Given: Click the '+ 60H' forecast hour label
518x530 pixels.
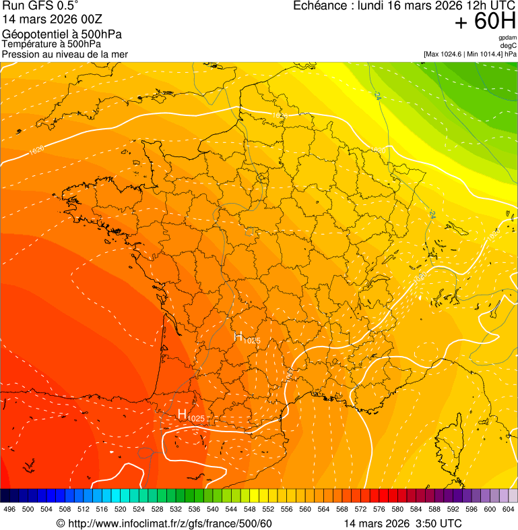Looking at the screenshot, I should [x=486, y=22].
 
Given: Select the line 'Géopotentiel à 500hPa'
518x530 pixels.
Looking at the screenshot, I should [x=63, y=34].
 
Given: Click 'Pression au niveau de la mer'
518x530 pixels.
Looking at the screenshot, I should [x=65, y=54].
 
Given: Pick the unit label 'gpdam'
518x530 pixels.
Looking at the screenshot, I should [x=507, y=38].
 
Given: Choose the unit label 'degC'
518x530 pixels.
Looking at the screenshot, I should [x=509, y=45].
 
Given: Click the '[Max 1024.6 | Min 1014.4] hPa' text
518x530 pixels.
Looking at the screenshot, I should [x=470, y=54].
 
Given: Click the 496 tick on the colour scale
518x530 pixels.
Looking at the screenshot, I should [x=9, y=509].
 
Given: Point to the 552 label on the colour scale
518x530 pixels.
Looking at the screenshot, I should [x=267, y=509].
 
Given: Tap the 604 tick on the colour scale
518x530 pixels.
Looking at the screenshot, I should [x=509, y=509].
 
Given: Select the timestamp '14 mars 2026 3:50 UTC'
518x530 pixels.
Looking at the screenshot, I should [x=402, y=523].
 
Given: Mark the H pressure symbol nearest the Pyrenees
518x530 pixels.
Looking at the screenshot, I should [x=182, y=413].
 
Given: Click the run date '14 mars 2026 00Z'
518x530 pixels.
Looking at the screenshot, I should [x=53, y=19].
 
